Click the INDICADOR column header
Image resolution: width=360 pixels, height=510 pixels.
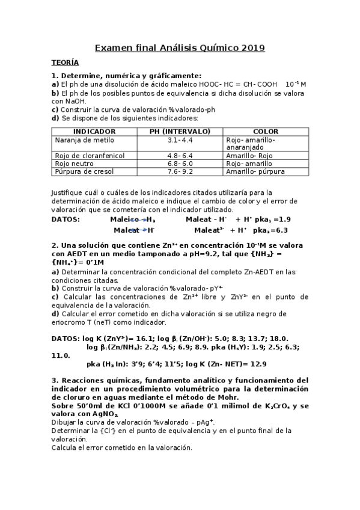(x=94, y=131)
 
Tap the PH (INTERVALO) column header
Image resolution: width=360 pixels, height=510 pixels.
(x=180, y=131)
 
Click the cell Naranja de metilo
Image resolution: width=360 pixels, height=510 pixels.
(x=84, y=140)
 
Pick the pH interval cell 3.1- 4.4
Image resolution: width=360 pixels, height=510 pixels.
(x=180, y=140)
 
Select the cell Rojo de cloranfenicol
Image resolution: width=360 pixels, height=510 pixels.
(x=90, y=155)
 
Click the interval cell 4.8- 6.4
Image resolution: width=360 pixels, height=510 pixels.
(x=180, y=155)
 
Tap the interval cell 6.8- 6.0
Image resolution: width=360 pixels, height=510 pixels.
(x=180, y=163)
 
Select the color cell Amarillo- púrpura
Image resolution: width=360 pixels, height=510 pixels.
(x=255, y=171)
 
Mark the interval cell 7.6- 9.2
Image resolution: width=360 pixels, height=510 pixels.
(x=180, y=171)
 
